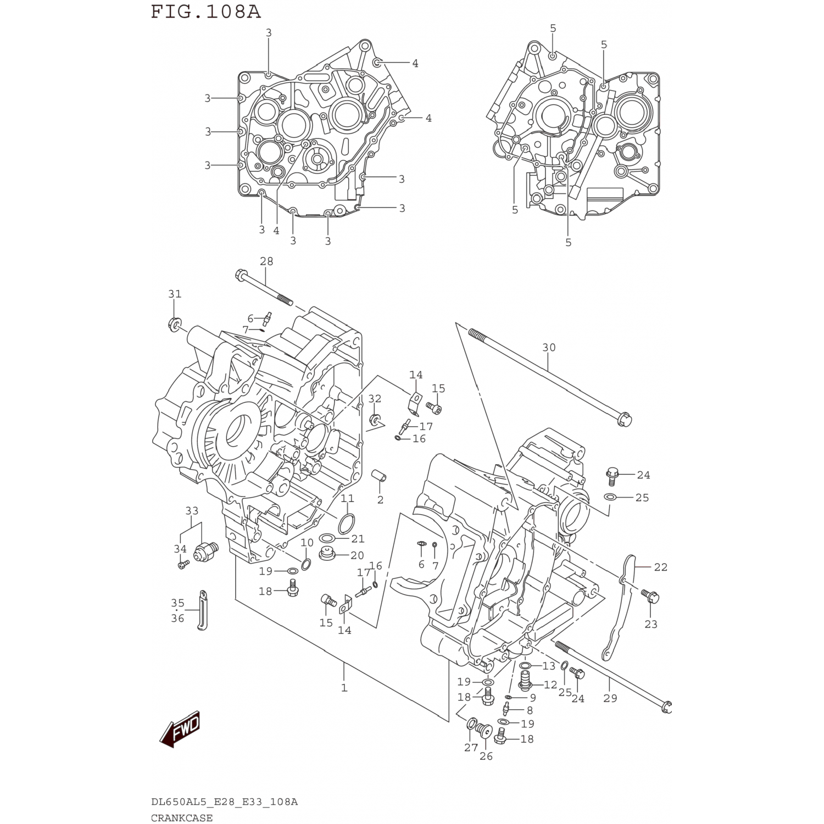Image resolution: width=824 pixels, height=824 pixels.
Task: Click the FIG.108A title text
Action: point(206,12)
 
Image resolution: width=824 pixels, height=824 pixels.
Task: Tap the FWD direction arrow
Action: point(179,730)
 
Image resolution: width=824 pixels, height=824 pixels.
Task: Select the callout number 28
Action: point(266,261)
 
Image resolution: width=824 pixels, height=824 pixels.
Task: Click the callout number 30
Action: point(549,348)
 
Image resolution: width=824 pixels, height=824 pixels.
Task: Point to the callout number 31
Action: point(175,294)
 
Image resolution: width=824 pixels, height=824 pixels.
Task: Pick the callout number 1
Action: point(344,688)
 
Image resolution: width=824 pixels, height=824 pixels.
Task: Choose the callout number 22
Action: point(660,567)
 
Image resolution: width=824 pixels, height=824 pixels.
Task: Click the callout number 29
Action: point(610,698)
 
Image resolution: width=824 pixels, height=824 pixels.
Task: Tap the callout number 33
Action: point(191,511)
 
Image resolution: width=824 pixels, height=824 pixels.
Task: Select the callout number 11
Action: point(347,499)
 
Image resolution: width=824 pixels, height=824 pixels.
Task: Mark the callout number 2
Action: point(380,500)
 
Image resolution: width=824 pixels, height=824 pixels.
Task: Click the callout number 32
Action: point(375,398)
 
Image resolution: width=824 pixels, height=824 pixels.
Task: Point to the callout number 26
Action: point(486,756)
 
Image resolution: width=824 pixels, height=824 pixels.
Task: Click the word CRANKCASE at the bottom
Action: point(182,817)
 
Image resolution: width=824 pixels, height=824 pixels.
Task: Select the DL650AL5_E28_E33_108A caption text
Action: point(224,802)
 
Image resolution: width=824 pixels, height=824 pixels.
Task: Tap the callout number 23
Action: point(651,624)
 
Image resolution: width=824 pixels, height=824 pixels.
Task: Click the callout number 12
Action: point(550,685)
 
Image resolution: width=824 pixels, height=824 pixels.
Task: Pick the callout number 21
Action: point(358,539)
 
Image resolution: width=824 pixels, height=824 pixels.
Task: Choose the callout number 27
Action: point(471,747)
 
